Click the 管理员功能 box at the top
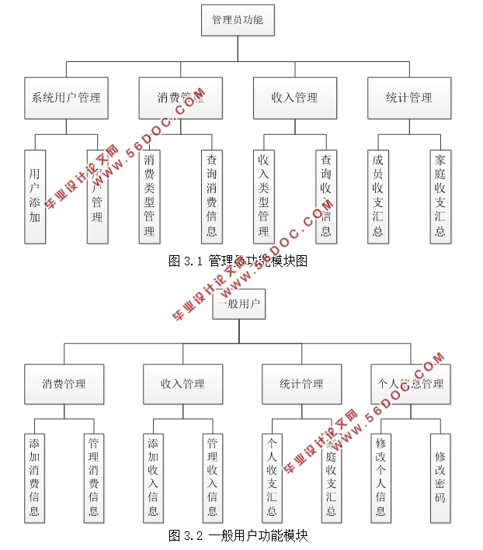tap(238, 20)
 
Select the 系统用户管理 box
tap(66, 98)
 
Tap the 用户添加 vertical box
tap(35, 196)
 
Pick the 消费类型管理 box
tap(149, 196)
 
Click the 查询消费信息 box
tap(211, 196)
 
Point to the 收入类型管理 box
tap(264, 196)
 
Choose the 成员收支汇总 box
tap(378, 196)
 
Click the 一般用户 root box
tap(240, 303)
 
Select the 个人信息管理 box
tap(410, 383)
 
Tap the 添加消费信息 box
tap(34, 477)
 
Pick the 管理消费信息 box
tap(93, 477)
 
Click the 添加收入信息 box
tap(153, 477)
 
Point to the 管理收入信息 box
tap(212, 477)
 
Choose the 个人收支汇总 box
tap(272, 477)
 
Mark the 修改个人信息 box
tap(380, 477)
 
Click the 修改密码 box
tap(440, 477)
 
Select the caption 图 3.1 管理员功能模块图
tap(238, 261)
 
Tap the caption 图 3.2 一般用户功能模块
tap(238, 535)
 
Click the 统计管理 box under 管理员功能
tap(408, 98)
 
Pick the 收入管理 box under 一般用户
tap(182, 383)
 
